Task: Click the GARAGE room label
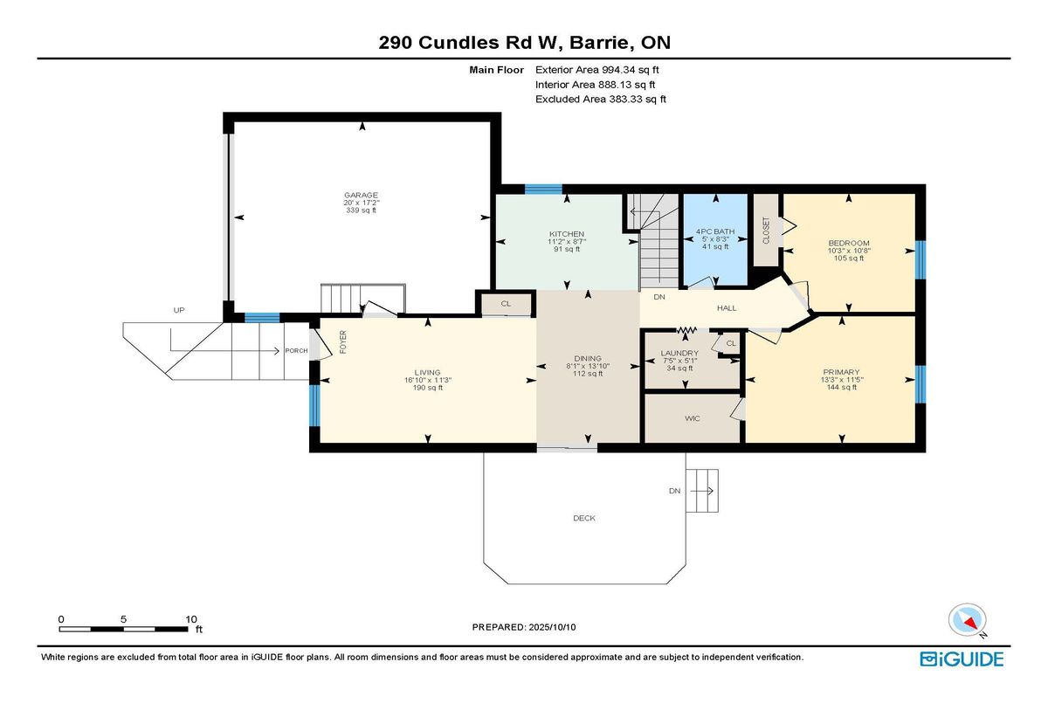[x=361, y=195]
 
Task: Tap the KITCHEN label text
[x=567, y=234]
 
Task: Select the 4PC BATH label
[x=715, y=231]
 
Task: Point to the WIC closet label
[x=692, y=418]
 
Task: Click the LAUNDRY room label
[x=679, y=353]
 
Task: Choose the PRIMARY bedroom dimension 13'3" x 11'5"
[x=842, y=380]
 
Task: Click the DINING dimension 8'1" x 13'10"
[x=588, y=366]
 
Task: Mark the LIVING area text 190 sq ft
[x=428, y=388]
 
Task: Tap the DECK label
[x=584, y=518]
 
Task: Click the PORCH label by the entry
[x=296, y=351]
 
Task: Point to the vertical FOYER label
[x=343, y=342]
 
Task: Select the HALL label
[x=727, y=307]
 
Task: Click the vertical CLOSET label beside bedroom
[x=766, y=231]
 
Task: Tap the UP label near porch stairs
[x=179, y=310]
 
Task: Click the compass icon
[x=967, y=621]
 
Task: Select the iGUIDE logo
[x=962, y=659]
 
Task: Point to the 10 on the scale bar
[x=191, y=619]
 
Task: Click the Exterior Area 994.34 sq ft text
[x=597, y=70]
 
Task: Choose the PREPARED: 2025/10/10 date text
[x=524, y=627]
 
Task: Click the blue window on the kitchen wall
[x=543, y=189]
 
